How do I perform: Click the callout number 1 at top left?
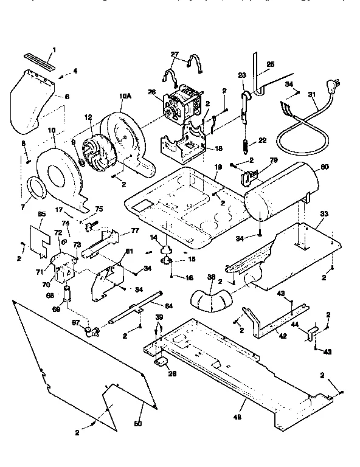(54, 49)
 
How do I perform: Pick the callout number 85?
(42, 214)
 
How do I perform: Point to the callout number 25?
(271, 64)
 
